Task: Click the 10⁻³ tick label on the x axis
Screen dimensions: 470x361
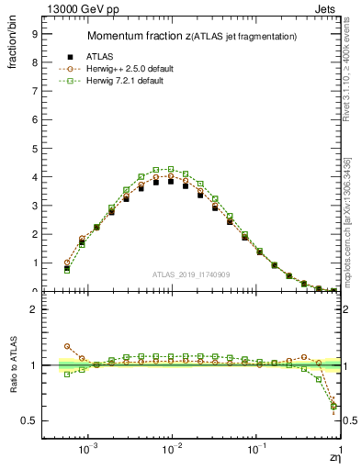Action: click(89, 450)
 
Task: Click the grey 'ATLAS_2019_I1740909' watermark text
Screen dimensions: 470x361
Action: click(192, 274)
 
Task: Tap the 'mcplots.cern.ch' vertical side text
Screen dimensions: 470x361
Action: click(351, 229)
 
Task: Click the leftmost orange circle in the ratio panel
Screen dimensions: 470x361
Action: click(67, 346)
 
